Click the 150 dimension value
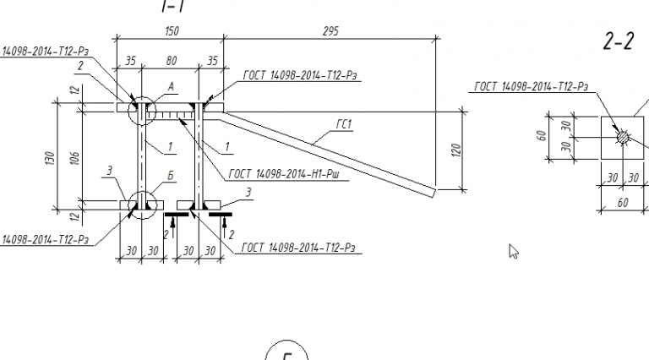(x=170, y=31)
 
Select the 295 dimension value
(x=330, y=31)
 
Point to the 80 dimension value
(x=171, y=61)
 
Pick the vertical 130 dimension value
(x=50, y=157)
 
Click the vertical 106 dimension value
(x=74, y=157)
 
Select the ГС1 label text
(x=343, y=124)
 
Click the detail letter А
(x=171, y=85)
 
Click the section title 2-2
(x=618, y=42)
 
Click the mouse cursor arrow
(x=513, y=250)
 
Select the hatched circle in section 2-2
(x=623, y=136)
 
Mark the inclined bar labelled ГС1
(x=338, y=153)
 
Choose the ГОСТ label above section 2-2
(x=531, y=86)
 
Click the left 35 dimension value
(x=130, y=61)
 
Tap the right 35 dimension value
(x=211, y=61)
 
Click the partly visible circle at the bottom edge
(x=286, y=352)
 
